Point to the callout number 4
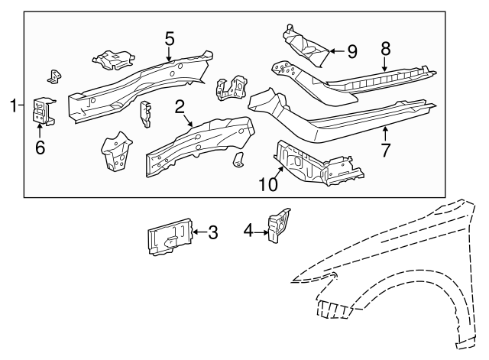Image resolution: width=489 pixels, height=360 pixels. click(x=248, y=230)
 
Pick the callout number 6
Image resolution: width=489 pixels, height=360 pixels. click(x=40, y=147)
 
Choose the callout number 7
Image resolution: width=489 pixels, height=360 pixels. click(x=386, y=151)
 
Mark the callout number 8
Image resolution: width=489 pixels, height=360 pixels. click(x=386, y=48)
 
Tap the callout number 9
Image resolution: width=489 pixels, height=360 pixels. click(x=351, y=51)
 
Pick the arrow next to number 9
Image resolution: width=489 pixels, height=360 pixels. click(x=336, y=51)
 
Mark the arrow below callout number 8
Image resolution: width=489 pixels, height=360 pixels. click(x=386, y=65)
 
